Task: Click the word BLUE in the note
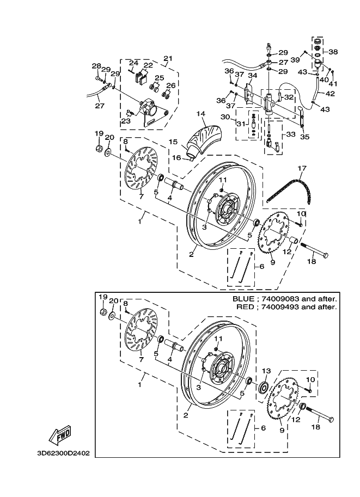tap(243, 299)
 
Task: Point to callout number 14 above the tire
tap(201, 113)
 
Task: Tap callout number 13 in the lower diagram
tap(267, 371)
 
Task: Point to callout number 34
tap(253, 76)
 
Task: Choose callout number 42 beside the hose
tap(321, 94)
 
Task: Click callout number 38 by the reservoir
tap(333, 52)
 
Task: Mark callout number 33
tap(290, 134)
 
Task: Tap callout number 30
tap(225, 117)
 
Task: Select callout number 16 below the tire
tap(176, 157)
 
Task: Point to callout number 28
tap(96, 66)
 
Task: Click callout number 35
tap(304, 137)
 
